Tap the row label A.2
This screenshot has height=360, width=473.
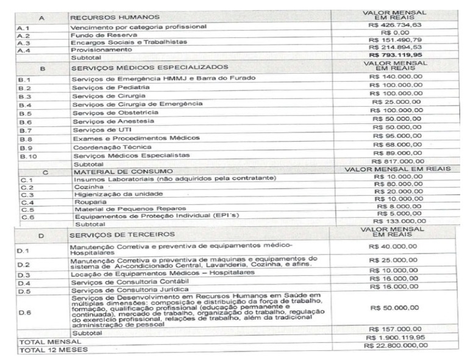[25, 35]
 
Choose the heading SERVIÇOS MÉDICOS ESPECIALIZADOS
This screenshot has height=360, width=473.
[149, 67]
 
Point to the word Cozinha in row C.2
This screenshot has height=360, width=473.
[87, 187]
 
